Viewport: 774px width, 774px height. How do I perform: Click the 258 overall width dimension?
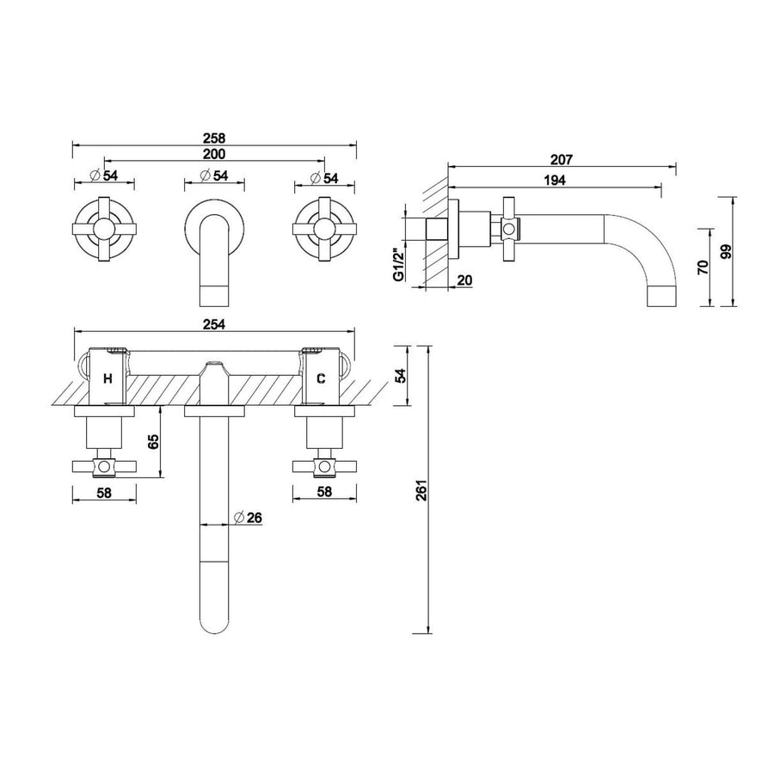click(214, 138)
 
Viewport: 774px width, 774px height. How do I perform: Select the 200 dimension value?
click(214, 154)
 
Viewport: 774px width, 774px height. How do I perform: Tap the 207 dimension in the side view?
click(562, 159)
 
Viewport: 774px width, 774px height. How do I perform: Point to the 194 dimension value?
click(555, 180)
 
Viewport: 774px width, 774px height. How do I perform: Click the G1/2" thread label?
click(399, 264)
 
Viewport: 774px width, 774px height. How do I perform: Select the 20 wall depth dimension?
click(464, 279)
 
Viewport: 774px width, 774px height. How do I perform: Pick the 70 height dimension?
click(703, 267)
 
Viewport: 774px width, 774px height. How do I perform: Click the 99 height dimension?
click(727, 251)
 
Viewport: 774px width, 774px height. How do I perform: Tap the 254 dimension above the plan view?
click(214, 324)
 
